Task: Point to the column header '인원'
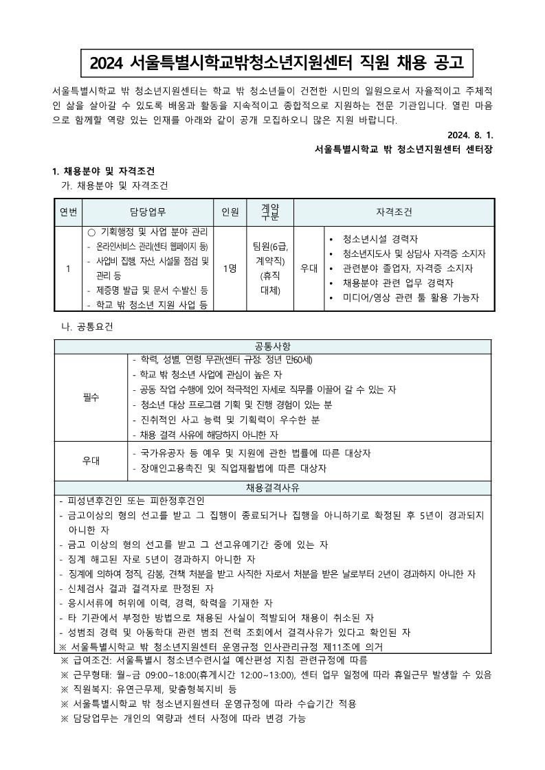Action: point(230,212)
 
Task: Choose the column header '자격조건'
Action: point(394,212)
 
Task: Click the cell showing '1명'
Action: point(230,269)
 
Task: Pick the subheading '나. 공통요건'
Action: point(87,326)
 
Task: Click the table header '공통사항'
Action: point(273,346)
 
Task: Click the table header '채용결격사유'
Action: point(273,488)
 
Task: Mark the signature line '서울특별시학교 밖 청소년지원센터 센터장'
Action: point(403,149)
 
